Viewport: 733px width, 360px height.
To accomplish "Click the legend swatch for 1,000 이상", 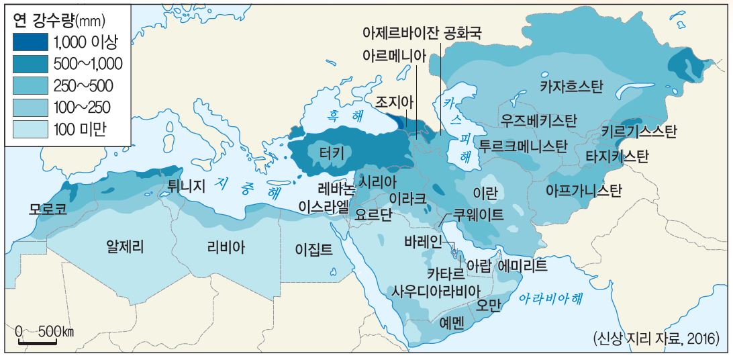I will click(30, 43).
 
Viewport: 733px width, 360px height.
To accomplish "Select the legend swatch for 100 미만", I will click(30, 129).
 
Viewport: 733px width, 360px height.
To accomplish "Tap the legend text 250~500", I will click(83, 86).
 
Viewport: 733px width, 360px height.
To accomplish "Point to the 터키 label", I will click(332, 154).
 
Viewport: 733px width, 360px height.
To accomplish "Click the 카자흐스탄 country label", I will click(572, 86).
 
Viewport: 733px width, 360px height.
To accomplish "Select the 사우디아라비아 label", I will click(437, 291).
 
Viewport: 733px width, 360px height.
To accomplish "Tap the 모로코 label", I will click(48, 208).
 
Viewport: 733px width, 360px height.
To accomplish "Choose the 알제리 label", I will click(126, 246).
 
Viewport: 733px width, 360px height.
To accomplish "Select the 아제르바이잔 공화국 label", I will click(422, 33).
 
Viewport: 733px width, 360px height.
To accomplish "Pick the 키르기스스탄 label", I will click(638, 131).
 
